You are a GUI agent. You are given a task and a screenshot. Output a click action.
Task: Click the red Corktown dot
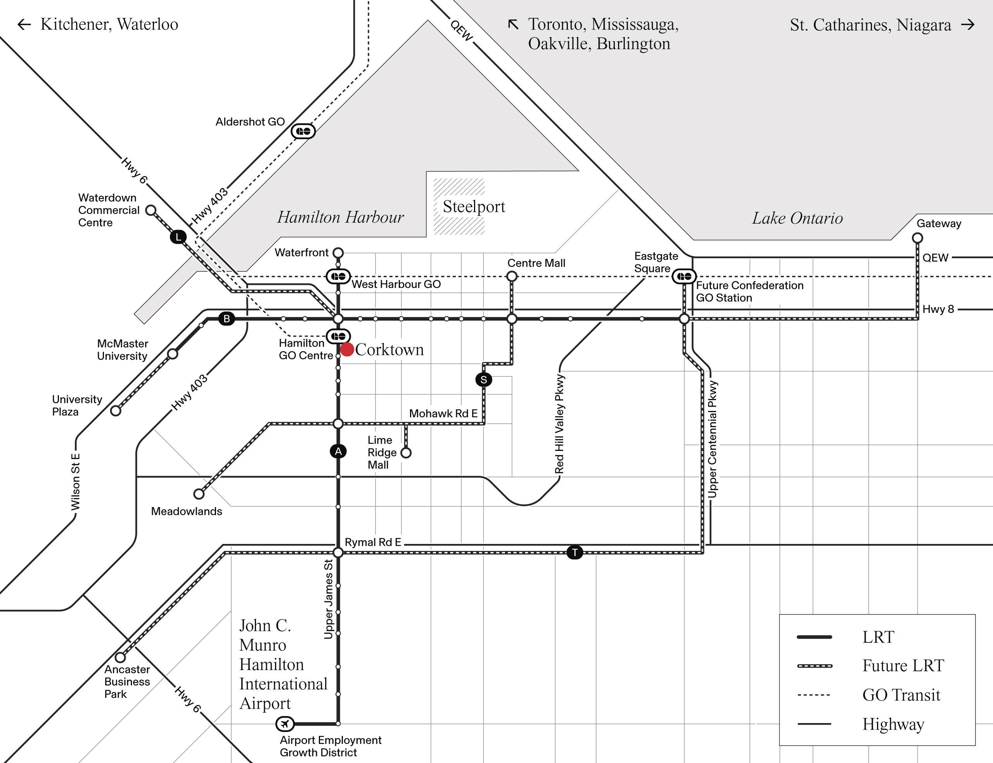347,350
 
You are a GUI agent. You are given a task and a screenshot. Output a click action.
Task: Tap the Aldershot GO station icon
303,131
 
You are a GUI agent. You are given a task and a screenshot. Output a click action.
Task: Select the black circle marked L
178,236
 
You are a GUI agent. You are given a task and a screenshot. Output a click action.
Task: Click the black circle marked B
227,318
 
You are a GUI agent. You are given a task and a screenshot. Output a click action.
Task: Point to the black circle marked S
483,380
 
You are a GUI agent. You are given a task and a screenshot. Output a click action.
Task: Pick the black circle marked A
338,451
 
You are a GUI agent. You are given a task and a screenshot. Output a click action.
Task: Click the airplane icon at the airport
285,723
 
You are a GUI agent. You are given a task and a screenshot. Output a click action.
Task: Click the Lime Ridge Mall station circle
406,453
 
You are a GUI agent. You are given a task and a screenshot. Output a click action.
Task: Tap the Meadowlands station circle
199,494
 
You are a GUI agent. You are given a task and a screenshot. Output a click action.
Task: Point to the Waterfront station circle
338,252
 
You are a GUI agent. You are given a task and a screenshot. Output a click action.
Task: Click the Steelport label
473,207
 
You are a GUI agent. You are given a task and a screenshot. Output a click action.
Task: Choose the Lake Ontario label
797,218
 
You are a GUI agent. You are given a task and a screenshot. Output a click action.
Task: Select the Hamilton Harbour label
340,217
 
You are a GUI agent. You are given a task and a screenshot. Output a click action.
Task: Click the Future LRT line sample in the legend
815,666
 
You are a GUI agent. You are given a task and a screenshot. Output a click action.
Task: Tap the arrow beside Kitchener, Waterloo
24,24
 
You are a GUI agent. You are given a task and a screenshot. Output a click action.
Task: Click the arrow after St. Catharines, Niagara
968,24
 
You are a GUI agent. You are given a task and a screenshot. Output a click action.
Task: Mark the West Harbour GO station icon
338,276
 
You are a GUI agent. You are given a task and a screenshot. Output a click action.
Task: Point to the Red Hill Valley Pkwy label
560,424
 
